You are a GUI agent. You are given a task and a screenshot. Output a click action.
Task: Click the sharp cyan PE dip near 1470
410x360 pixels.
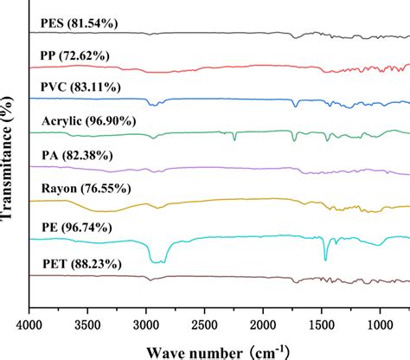click(x=325, y=258)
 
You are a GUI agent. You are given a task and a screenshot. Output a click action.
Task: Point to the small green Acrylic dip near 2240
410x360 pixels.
click(x=234, y=138)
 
